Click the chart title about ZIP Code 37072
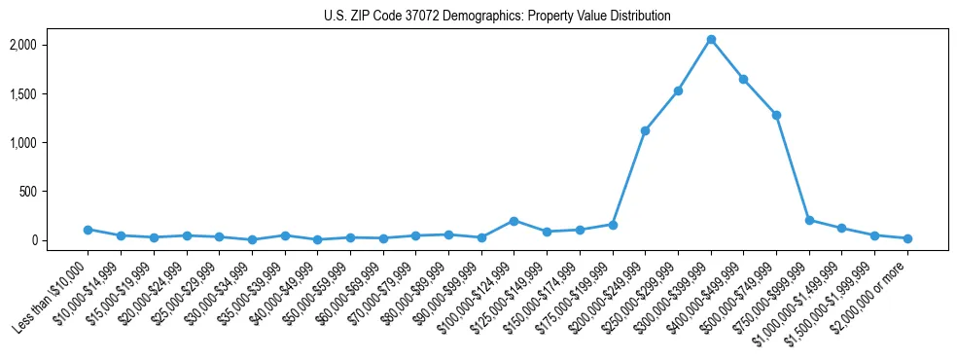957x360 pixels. click(x=497, y=16)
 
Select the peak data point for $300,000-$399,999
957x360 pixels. click(x=711, y=39)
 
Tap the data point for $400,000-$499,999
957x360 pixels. click(x=744, y=79)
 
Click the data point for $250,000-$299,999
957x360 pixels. click(x=678, y=90)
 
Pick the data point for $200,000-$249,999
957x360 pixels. click(x=645, y=130)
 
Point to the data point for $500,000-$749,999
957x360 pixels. click(x=776, y=115)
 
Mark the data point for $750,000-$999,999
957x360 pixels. click(x=809, y=220)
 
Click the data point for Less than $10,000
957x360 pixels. click(x=88, y=230)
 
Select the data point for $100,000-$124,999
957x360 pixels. click(x=514, y=221)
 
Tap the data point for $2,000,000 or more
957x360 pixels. click(x=907, y=238)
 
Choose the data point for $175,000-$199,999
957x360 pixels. click(x=613, y=225)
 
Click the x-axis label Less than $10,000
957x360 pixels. click(x=54, y=293)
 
